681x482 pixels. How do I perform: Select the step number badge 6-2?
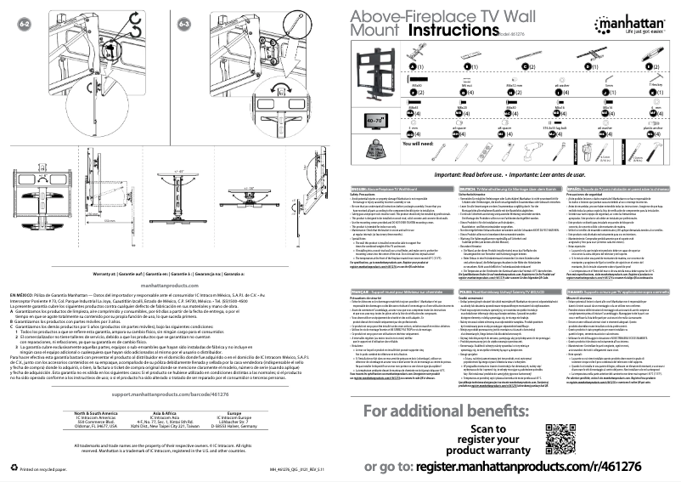25,26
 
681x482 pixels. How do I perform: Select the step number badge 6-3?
184,26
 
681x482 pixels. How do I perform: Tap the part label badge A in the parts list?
367,66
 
